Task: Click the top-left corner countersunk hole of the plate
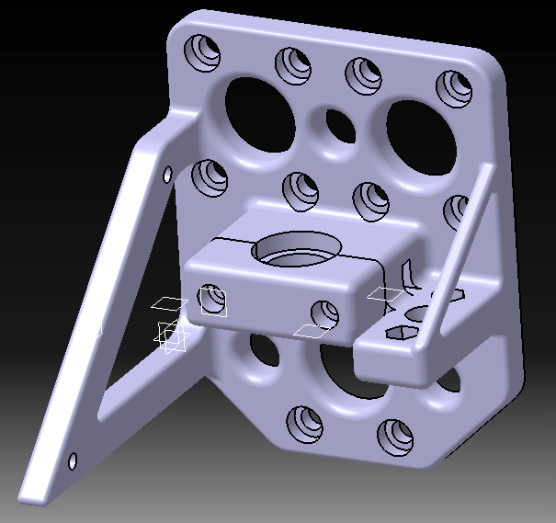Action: click(x=203, y=50)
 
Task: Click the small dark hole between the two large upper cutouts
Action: click(x=338, y=123)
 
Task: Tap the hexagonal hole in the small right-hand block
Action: click(x=403, y=333)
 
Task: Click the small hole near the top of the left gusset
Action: click(x=167, y=174)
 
